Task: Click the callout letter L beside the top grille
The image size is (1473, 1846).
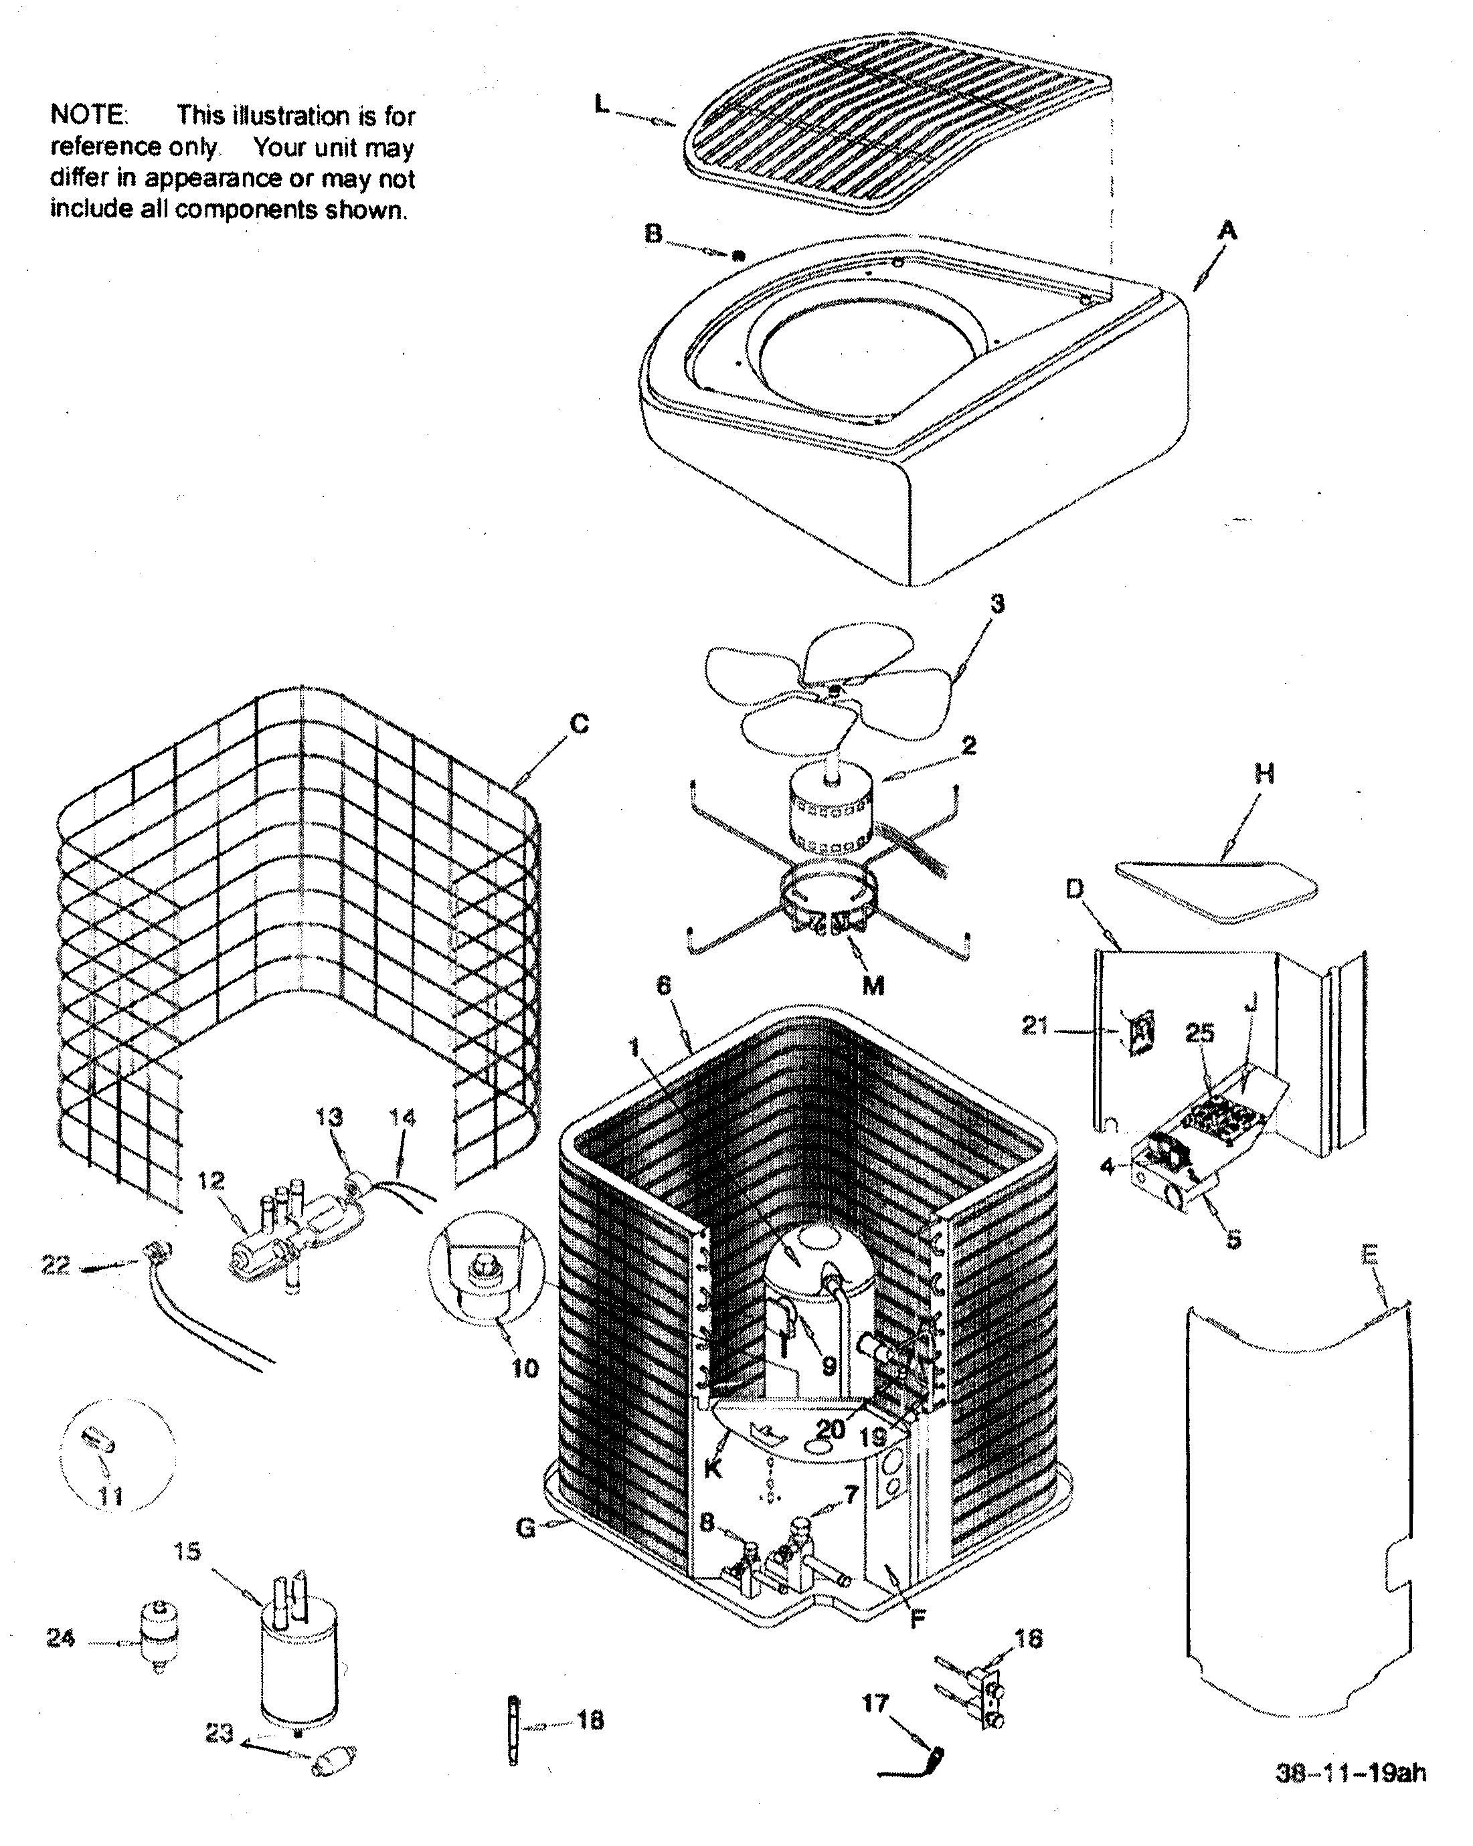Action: [x=602, y=104]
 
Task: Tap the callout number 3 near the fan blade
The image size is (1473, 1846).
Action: [x=997, y=604]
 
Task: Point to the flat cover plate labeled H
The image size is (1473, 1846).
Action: [x=1216, y=890]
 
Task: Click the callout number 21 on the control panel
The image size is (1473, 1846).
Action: [x=1035, y=1025]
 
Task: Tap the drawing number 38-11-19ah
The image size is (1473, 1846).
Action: [x=1351, y=1772]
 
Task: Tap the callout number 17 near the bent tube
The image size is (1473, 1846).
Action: [x=875, y=1702]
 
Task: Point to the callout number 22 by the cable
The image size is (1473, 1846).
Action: [x=56, y=1265]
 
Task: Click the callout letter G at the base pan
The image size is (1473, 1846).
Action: [x=526, y=1528]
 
